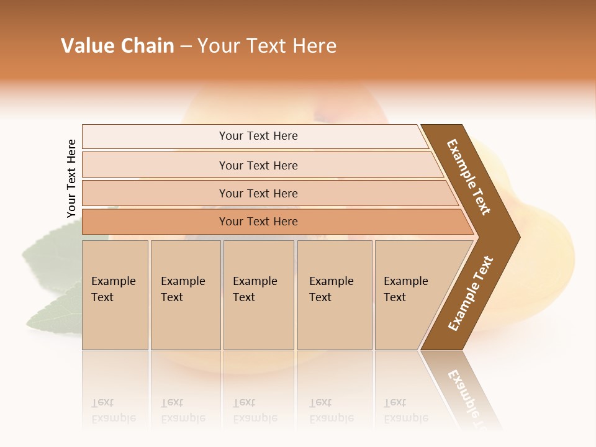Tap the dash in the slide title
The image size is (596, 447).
(186, 47)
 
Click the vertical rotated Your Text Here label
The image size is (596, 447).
(71, 179)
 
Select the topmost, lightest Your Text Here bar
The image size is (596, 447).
(258, 136)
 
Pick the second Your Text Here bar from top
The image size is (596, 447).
(258, 165)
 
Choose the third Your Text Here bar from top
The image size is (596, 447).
(258, 193)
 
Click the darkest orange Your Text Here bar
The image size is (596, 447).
(258, 222)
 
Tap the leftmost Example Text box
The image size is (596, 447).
(115, 295)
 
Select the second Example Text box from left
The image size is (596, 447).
(185, 295)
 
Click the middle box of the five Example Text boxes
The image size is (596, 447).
(258, 295)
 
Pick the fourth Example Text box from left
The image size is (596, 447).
(334, 295)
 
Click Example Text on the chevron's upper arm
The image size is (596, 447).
(469, 177)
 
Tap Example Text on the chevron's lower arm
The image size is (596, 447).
(470, 294)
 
